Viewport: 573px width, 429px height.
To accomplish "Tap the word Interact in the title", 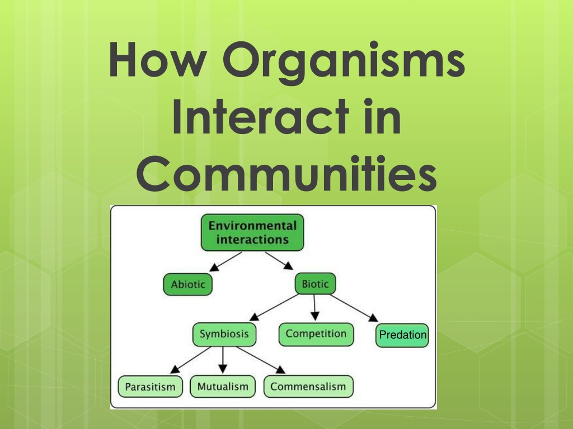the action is coord(260,116).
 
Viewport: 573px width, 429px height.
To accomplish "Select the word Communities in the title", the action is coord(286,173).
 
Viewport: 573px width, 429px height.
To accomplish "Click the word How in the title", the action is coord(158,59).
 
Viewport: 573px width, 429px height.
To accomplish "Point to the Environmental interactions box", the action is coord(252,233).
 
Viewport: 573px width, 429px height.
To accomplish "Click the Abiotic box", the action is coord(188,284).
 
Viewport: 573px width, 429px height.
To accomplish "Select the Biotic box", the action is coord(316,283).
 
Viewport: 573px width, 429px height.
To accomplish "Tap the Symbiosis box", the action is coord(224,334).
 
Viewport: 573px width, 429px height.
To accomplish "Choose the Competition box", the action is coord(316,334).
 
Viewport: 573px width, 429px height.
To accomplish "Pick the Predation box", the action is coord(402,335).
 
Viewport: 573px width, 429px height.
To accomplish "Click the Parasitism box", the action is coord(150,387).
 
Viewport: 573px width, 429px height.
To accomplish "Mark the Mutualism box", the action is coord(223,387).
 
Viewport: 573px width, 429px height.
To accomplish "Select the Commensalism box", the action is coord(308,387).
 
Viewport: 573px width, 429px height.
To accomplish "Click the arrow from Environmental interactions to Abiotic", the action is coord(226,261).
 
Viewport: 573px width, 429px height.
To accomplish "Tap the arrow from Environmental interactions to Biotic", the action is coord(279,261).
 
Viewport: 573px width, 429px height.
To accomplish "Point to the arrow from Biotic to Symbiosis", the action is coord(274,308).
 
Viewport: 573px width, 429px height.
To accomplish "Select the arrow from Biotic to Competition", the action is coord(314,308).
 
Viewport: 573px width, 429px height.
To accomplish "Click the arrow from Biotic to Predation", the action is coord(354,308).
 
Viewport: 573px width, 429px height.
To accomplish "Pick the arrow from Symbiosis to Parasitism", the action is coord(191,360).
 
